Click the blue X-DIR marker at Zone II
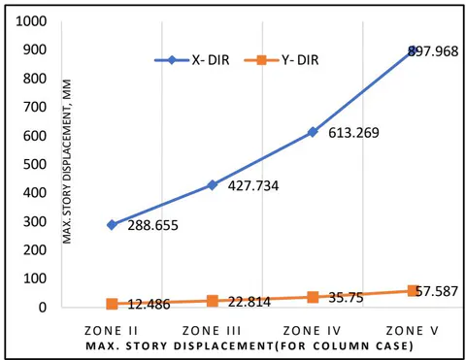[112, 225]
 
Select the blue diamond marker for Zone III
[213, 185]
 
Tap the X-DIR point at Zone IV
[313, 132]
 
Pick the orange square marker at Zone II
[112, 304]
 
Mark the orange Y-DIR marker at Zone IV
[313, 297]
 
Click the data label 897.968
[433, 51]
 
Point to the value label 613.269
[353, 133]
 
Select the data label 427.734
[253, 186]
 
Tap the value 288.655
[152, 225]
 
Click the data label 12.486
[149, 305]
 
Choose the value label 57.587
[437, 291]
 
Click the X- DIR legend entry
[192, 60]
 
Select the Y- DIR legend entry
[282, 60]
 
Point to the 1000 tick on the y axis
[31, 21]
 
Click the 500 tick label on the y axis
[35, 164]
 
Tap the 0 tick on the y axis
[43, 308]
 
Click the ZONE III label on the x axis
[212, 331]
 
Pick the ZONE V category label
[413, 331]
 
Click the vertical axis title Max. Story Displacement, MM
[67, 162]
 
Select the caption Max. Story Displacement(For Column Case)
[250, 346]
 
